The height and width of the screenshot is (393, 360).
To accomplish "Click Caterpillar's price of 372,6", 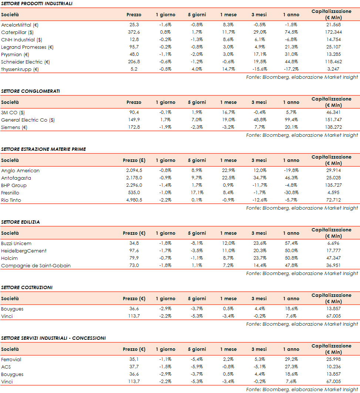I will [x=134, y=32].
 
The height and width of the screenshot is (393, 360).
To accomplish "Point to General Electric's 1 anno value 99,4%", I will [x=291, y=120].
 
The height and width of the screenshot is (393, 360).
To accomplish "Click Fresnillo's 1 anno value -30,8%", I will [x=291, y=193].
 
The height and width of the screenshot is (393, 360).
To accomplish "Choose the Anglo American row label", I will [x=20, y=170].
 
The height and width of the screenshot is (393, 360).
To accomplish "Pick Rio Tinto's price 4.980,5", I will [x=134, y=200].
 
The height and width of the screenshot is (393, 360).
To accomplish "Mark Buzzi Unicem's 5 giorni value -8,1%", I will [x=197, y=243].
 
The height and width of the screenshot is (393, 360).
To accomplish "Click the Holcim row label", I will [x=9, y=258].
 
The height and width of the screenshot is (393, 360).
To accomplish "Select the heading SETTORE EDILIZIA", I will [x=20, y=222].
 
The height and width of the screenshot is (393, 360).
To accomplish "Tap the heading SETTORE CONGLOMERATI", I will [x=30, y=91].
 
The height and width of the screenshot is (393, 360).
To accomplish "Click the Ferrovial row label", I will [x=11, y=359].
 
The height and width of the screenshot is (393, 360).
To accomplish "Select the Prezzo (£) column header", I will [x=134, y=160].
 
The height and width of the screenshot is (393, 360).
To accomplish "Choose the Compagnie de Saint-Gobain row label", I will [x=36, y=265].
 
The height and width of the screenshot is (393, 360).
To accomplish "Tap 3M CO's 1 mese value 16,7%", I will [x=229, y=112].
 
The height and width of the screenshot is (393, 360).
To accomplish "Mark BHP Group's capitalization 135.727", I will [x=332, y=185].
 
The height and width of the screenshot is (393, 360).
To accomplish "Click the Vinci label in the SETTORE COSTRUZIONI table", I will [x=7, y=316].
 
